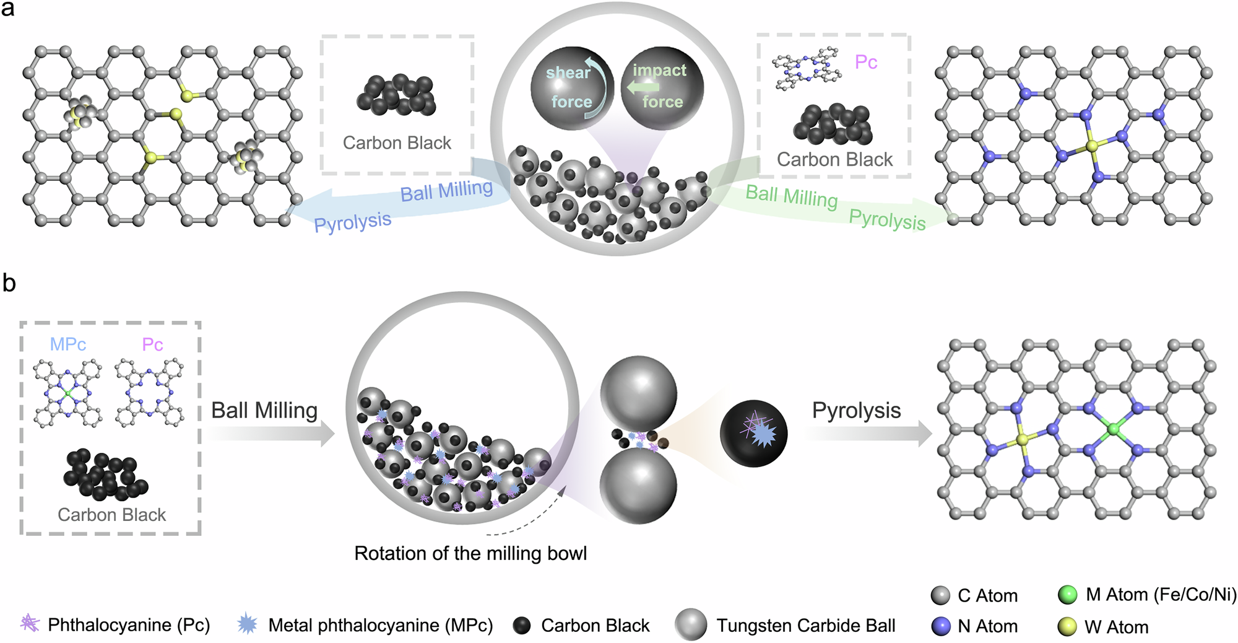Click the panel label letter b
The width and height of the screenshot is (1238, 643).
[9, 283]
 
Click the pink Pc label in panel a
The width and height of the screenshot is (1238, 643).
[865, 62]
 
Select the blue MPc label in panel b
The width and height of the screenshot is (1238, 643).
[67, 344]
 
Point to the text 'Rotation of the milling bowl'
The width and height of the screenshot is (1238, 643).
[470, 553]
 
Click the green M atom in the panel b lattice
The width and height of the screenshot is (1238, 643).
[1113, 428]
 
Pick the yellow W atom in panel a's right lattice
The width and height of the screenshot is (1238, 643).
[1092, 146]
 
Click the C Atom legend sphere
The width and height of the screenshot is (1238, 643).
[940, 595]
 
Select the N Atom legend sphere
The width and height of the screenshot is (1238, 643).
[940, 626]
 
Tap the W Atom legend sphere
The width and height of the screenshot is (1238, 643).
[1068, 627]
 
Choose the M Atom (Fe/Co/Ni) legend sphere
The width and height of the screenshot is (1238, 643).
[1068, 595]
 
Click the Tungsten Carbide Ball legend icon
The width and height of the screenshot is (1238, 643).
[691, 624]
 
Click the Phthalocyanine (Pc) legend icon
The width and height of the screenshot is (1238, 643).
[30, 623]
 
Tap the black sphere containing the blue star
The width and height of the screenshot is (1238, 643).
[753, 433]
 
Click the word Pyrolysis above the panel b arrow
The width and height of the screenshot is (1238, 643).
[856, 410]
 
